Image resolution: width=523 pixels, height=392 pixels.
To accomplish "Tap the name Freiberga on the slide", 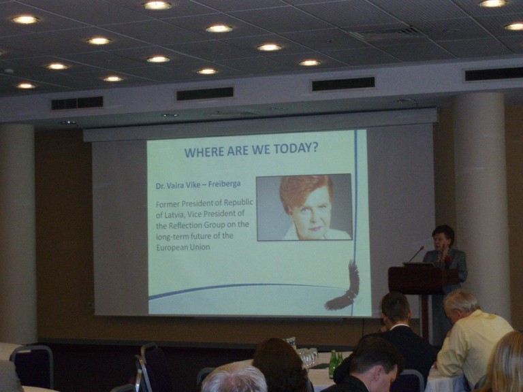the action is click(x=224, y=184).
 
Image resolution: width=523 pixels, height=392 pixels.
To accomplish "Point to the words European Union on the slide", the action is click(x=183, y=247).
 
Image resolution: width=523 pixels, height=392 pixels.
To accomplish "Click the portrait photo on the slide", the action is click(x=304, y=207).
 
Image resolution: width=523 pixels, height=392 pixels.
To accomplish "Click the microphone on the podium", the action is click(x=416, y=254).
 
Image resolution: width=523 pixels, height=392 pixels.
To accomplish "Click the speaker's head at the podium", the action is click(x=443, y=237).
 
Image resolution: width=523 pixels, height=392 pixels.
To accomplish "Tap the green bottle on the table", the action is click(x=332, y=364).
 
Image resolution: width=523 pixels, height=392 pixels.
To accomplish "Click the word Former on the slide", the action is click(x=168, y=203).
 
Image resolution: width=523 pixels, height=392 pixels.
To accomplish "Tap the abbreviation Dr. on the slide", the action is click(x=161, y=186).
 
